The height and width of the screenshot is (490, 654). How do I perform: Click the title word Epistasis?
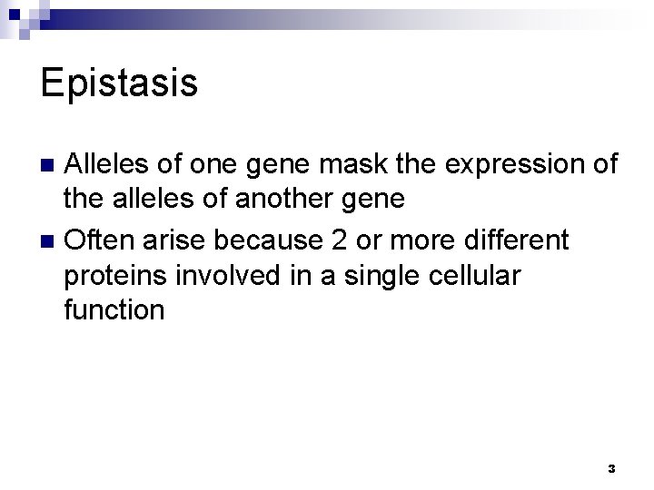click(x=119, y=83)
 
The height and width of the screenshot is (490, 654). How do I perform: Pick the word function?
click(x=114, y=310)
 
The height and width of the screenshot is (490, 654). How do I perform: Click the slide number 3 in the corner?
click(x=610, y=468)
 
